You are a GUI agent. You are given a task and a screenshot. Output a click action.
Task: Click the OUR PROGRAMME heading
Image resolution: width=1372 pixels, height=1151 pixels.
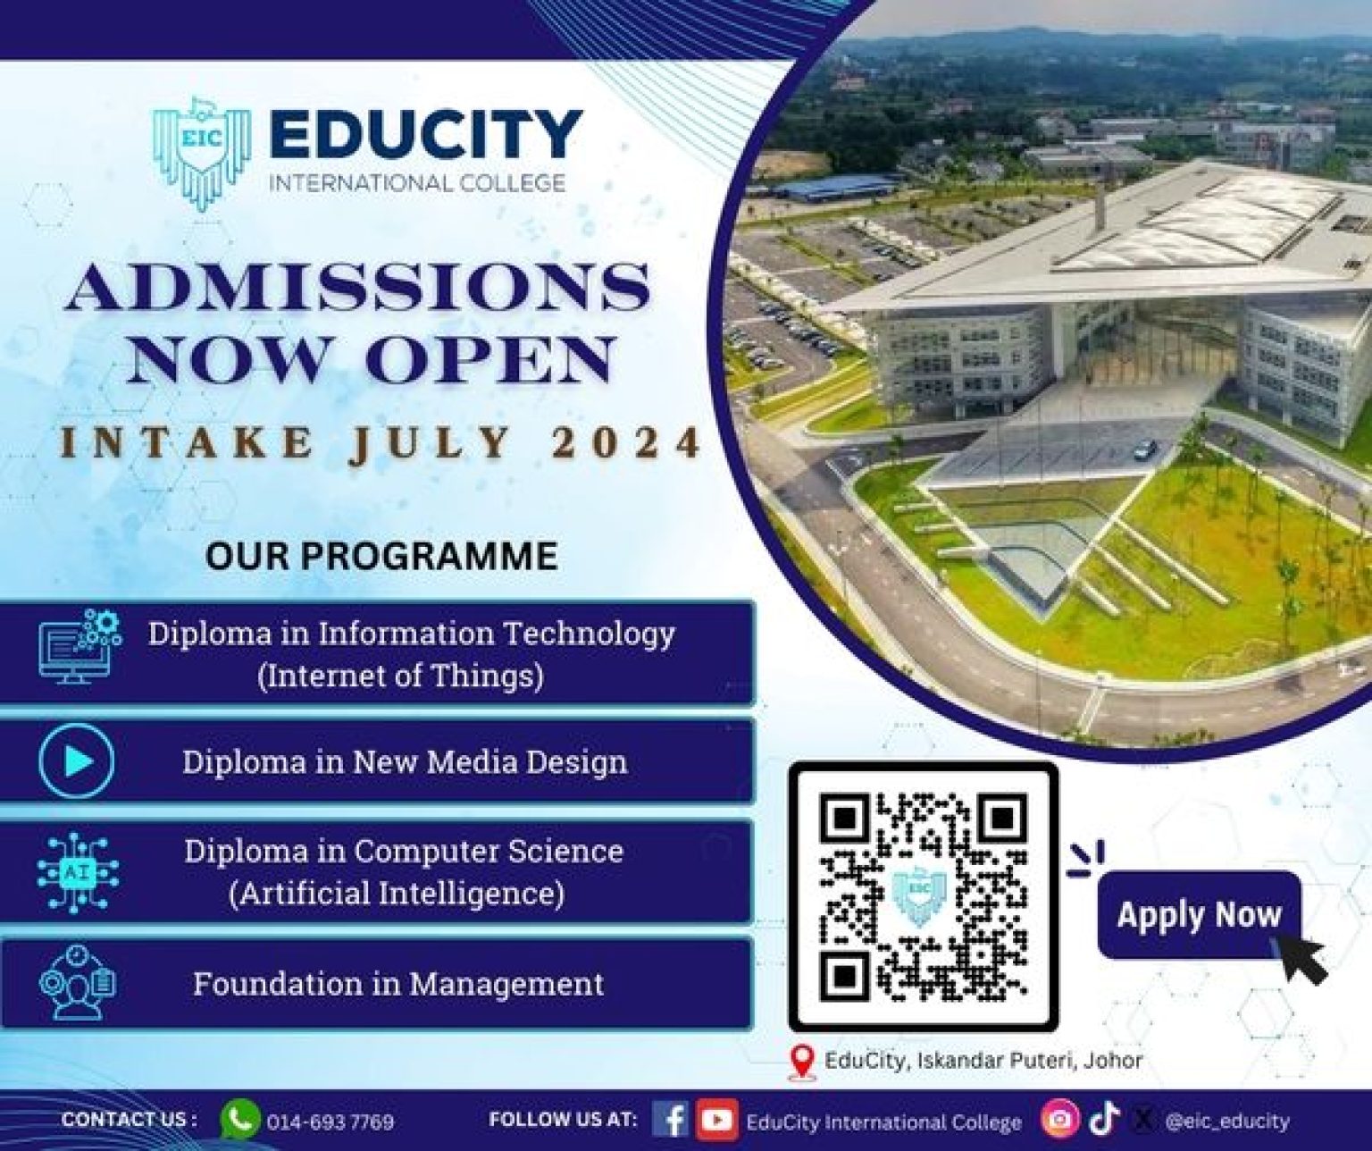pyautogui.click(x=381, y=555)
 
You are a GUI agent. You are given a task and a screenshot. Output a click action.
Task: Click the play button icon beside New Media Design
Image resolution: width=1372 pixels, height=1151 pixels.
pyautogui.click(x=78, y=761)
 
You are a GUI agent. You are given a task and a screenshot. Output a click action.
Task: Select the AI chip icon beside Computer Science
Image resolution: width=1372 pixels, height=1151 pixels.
pyautogui.click(x=78, y=871)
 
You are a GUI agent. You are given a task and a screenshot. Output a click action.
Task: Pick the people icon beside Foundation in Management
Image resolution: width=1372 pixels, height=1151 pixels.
pyautogui.click(x=78, y=983)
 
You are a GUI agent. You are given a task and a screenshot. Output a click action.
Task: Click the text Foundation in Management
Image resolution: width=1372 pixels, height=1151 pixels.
pyautogui.click(x=398, y=984)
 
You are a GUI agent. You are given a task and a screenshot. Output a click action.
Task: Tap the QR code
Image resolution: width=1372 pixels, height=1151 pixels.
pyautogui.click(x=923, y=896)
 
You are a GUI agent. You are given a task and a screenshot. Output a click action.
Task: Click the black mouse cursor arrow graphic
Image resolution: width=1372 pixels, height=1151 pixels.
pyautogui.click(x=1303, y=959)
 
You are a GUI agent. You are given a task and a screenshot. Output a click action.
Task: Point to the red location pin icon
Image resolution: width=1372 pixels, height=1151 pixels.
pyautogui.click(x=804, y=1062)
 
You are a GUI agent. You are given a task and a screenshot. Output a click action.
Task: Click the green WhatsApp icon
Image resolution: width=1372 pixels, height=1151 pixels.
pyautogui.click(x=239, y=1120)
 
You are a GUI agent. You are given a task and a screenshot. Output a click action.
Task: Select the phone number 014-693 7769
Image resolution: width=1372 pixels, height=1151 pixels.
pyautogui.click(x=330, y=1122)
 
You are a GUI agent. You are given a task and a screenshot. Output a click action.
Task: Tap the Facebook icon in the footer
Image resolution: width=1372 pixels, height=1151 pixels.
pyautogui.click(x=670, y=1120)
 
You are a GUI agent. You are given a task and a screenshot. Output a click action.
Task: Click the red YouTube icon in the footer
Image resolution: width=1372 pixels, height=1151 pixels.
pyautogui.click(x=716, y=1120)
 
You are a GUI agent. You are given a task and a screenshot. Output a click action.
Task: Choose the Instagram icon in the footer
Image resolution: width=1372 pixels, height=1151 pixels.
pyautogui.click(x=1058, y=1120)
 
